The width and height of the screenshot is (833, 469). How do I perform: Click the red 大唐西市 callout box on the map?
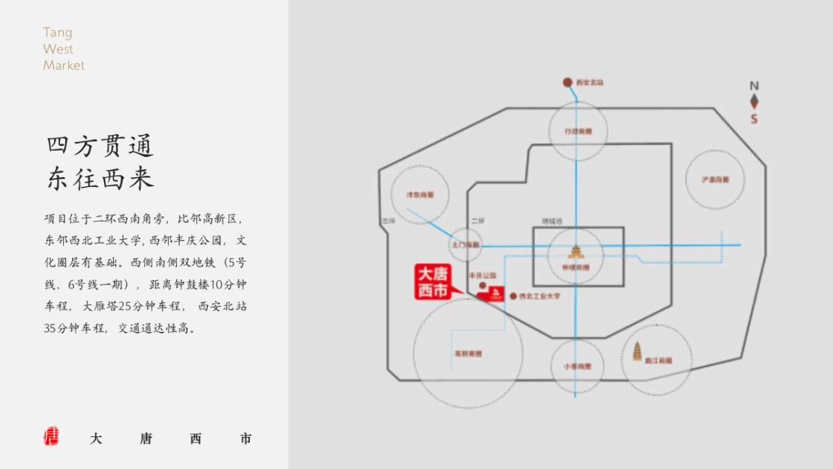[432, 281]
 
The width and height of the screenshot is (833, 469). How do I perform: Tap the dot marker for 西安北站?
[567, 82]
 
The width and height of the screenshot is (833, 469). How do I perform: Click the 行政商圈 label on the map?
[578, 131]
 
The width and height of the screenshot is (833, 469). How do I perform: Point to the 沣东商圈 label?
[419, 195]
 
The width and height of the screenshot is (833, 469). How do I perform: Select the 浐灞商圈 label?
[715, 180]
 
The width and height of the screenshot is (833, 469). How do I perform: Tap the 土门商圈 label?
[465, 245]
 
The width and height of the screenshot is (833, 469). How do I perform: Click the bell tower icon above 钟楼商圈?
[575, 251]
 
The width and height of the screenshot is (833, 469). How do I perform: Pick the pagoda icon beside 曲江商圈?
[637, 352]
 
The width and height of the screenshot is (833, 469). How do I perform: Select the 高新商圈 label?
[468, 354]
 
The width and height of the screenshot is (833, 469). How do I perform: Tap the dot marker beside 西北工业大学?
[513, 296]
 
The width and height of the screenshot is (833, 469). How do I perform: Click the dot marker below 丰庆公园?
[482, 286]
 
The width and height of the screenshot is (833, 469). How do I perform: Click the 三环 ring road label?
[388, 221]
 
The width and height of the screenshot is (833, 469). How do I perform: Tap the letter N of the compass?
[754, 86]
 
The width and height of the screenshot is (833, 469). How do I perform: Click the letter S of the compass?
[754, 119]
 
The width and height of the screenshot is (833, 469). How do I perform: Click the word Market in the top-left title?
[64, 65]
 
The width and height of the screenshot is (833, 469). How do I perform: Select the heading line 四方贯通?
[100, 147]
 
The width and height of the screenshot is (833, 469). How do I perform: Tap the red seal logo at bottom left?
[51, 436]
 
